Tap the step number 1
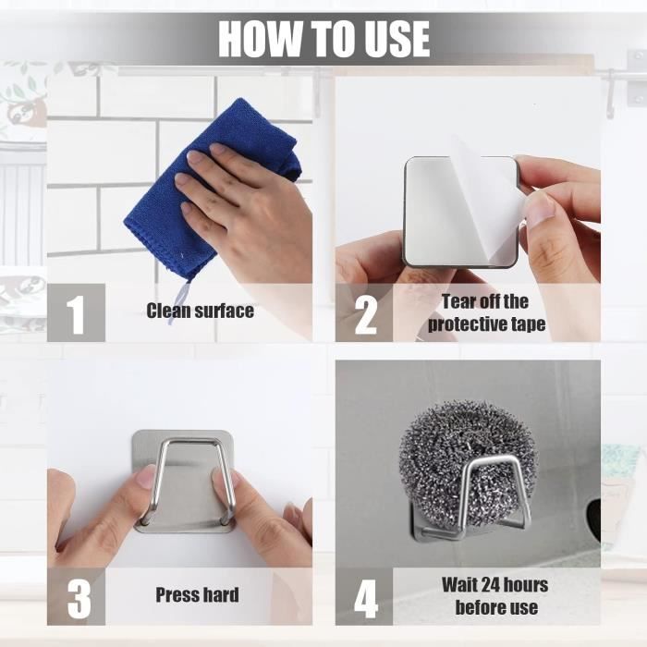76,314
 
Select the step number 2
366,315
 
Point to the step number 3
79,599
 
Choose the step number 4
366,599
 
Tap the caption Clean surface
201,311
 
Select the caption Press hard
197,595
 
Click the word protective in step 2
468,324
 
